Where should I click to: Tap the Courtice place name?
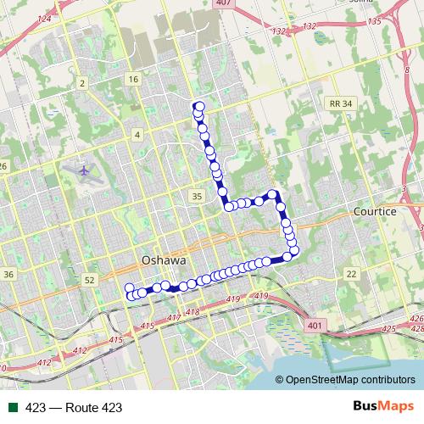376,210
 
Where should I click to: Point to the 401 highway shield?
316,325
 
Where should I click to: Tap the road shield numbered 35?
197,196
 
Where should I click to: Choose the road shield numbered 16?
132,79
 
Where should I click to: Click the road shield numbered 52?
91,279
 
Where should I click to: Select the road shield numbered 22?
351,273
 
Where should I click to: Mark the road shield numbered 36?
8,275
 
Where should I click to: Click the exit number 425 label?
390,327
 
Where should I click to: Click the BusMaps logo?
383,407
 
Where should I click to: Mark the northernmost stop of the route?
198,107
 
